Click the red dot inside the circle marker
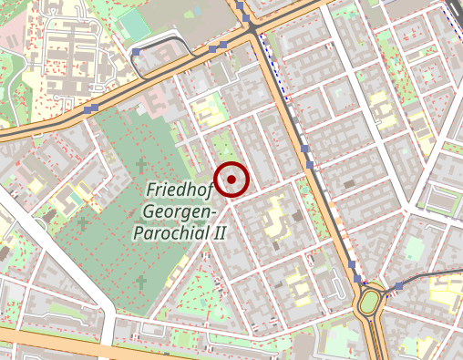[x=231, y=180]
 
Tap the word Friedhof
[x=180, y=190]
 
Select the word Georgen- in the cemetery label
[x=180, y=211]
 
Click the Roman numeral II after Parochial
[x=219, y=232]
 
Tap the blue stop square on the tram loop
[x=137, y=53]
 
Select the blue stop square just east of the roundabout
[x=398, y=286]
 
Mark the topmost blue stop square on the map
[x=240, y=5]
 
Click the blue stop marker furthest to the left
[x=89, y=109]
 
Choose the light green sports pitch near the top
[x=134, y=23]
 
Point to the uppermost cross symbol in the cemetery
[x=139, y=165]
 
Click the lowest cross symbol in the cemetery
[x=141, y=283]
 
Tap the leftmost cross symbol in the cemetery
[x=83, y=222]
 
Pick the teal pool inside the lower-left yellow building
[x=72, y=195]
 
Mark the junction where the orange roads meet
[x=252, y=32]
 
